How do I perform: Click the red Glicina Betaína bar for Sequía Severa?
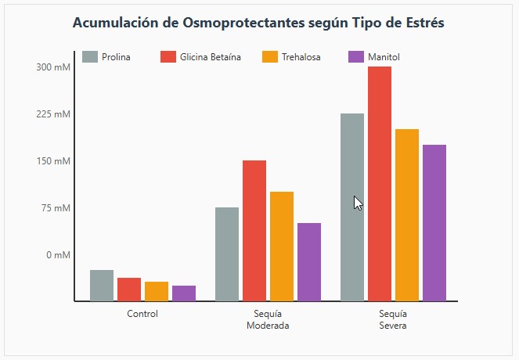pos(380,184)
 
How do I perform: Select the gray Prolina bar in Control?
pos(102,286)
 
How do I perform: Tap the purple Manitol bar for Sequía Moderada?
pos(309,262)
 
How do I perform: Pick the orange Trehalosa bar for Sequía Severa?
pos(407,215)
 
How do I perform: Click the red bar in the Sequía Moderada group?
pos(254,231)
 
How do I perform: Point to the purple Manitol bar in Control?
pos(184,293)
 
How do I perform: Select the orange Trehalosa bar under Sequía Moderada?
pos(282,247)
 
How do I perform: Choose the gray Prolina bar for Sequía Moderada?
pos(227,254)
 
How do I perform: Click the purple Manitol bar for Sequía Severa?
pos(434,223)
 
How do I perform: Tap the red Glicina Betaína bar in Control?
pos(129,290)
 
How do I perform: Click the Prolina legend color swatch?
pos(90,57)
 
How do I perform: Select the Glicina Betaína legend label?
pos(211,57)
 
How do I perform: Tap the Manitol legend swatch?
pos(356,57)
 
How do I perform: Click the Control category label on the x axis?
pos(142,314)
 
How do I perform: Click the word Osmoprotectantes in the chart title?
pos(245,23)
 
